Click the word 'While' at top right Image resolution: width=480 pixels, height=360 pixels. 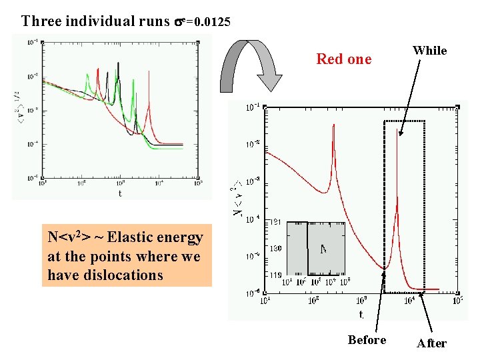click(x=429, y=51)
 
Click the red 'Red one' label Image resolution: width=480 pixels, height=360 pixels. click(x=343, y=59)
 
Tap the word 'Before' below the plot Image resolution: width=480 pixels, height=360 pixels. click(x=367, y=340)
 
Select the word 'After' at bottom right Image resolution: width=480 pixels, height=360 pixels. click(x=431, y=343)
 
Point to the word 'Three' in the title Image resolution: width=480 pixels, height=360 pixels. click(x=42, y=21)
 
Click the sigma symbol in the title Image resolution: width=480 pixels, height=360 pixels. click(x=179, y=21)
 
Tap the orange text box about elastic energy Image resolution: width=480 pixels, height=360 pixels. click(x=126, y=256)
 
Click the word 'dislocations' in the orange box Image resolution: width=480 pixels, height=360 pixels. click(x=124, y=275)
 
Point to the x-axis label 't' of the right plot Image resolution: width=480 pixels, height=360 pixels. click(x=361, y=314)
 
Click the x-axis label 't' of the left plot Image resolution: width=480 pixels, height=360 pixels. click(x=119, y=193)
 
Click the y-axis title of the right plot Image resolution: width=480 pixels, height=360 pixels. click(x=237, y=199)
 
